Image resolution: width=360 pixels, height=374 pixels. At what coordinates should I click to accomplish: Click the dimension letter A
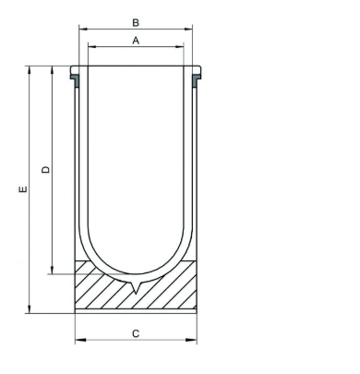(136, 41)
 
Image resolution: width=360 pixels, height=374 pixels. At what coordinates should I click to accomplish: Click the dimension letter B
(136, 23)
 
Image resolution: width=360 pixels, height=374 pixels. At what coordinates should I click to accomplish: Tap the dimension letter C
(136, 333)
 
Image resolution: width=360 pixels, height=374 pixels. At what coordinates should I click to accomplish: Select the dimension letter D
(45, 170)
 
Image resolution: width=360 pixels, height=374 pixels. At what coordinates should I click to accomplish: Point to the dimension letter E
(23, 189)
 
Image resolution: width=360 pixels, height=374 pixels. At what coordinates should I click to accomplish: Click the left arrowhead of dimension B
(83, 29)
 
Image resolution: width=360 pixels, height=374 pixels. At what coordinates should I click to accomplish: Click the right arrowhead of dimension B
(188, 29)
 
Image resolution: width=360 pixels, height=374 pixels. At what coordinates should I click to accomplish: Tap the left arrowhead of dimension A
(92, 47)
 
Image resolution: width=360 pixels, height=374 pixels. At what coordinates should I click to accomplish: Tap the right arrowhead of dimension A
(179, 47)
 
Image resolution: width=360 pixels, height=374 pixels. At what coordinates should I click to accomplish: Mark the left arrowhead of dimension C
(80, 340)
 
